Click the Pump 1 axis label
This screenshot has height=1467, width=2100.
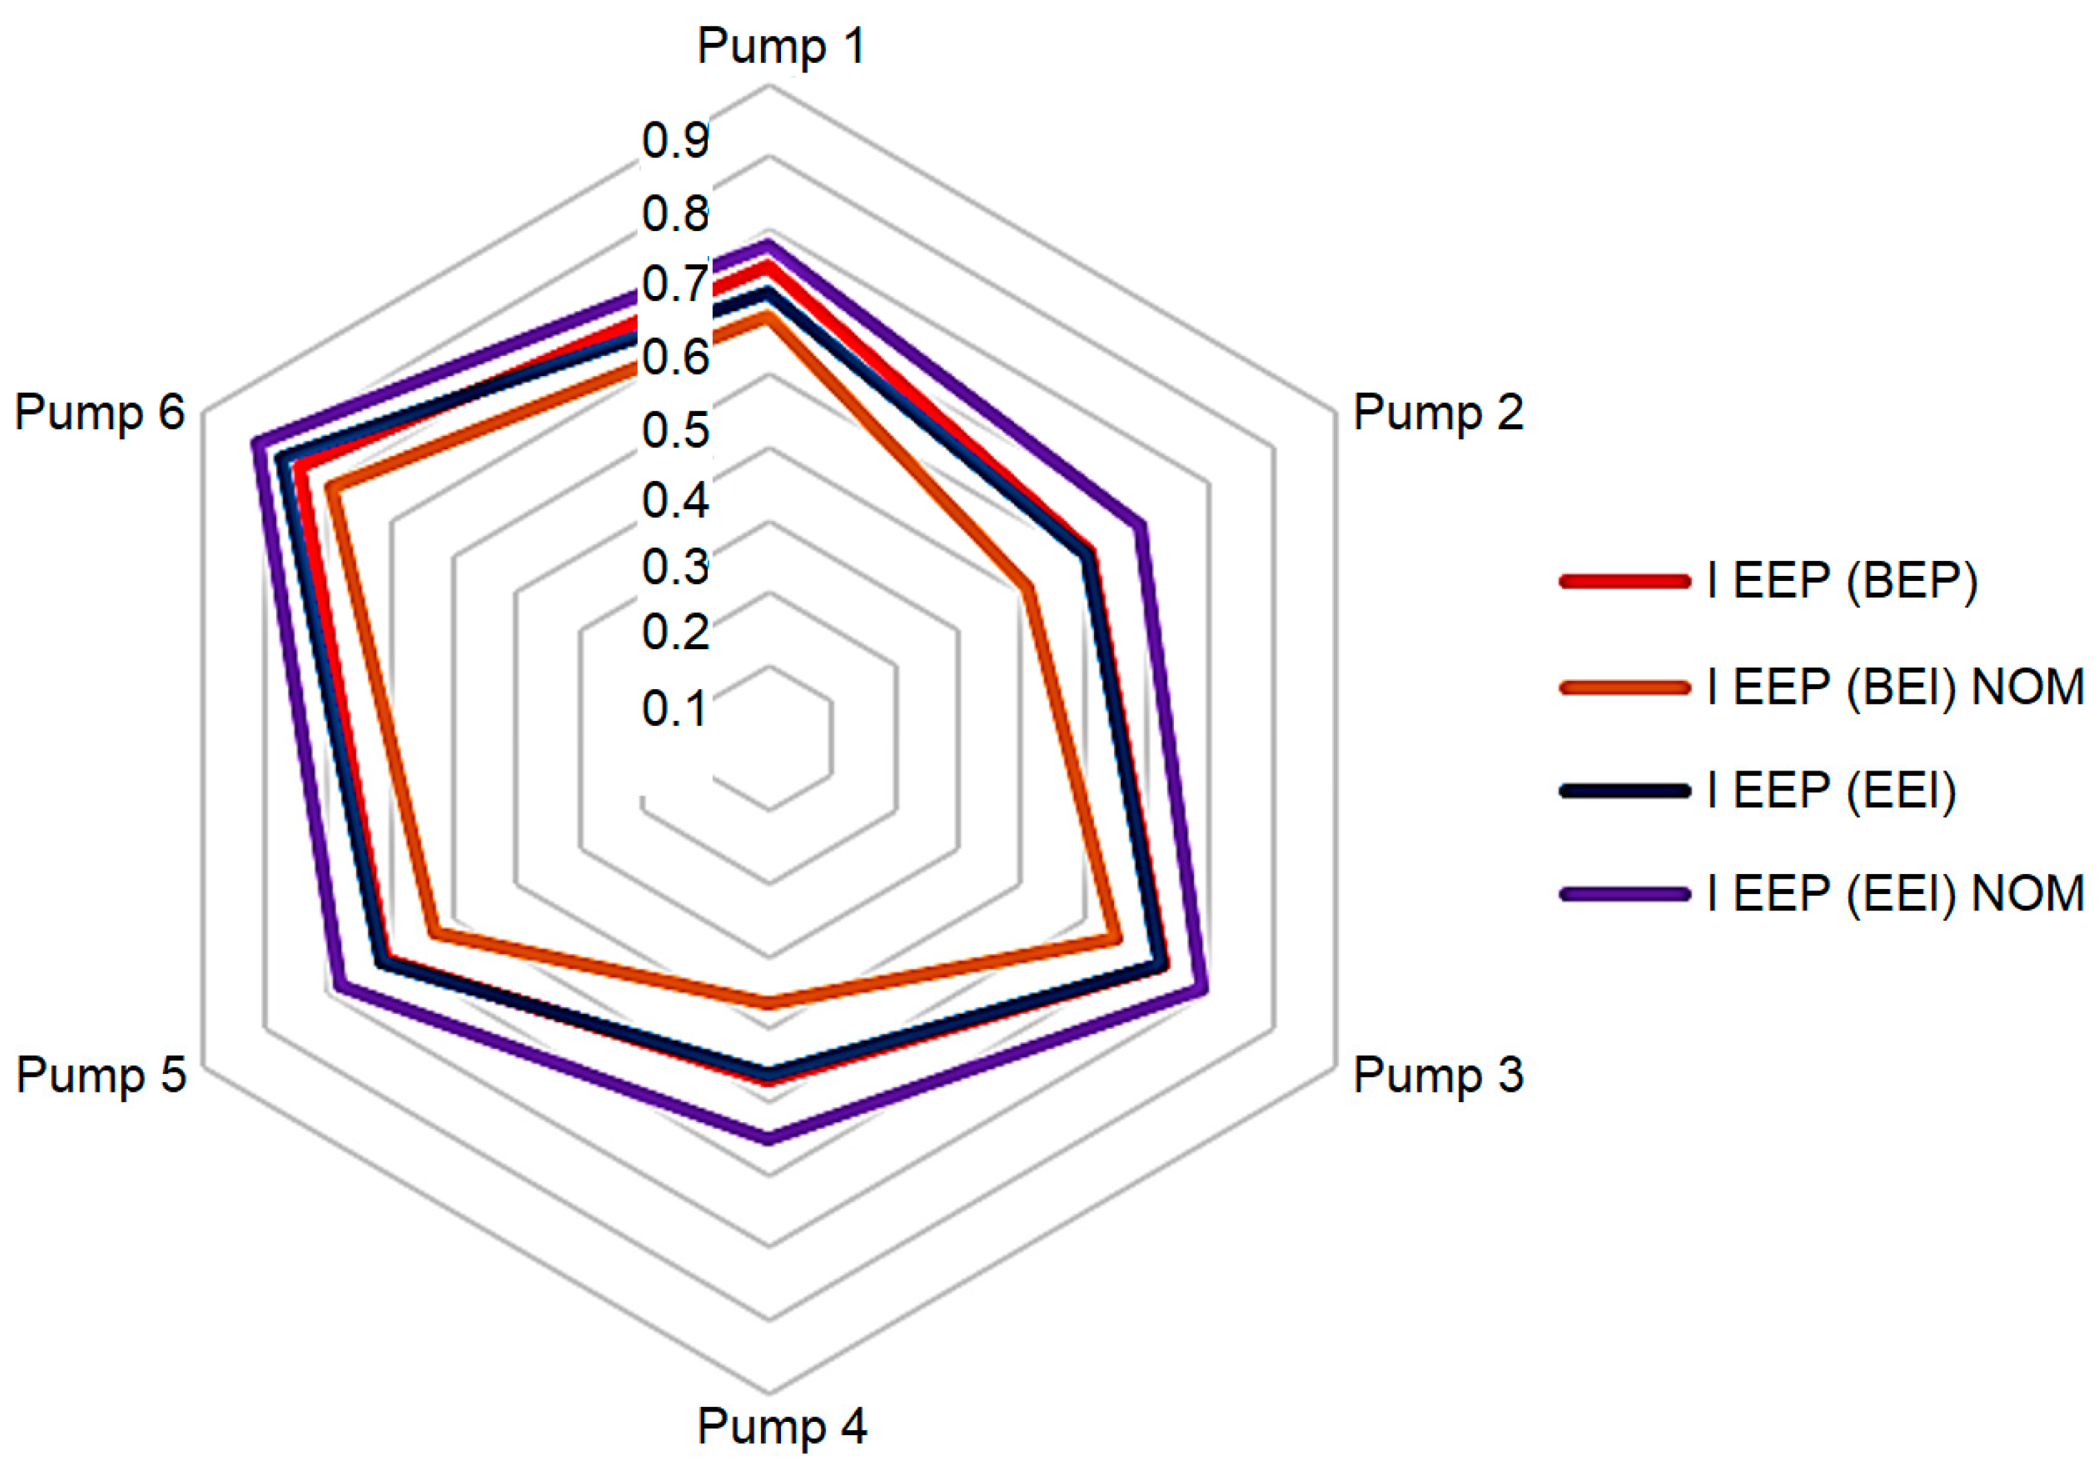pos(780,46)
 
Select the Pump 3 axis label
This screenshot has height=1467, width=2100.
pos(1438,1075)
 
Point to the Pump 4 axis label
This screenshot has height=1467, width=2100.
pos(781,1426)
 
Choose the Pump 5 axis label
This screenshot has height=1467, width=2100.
pos(101,1075)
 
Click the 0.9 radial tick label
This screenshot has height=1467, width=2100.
pos(675,140)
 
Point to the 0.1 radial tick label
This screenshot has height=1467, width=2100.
pos(675,709)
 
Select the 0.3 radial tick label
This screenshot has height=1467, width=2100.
pos(675,567)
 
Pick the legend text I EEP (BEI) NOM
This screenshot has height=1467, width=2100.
pos(1894,686)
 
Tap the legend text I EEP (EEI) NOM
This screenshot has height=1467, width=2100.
pos(1894,893)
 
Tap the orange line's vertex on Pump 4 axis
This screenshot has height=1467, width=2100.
pos(769,1002)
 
